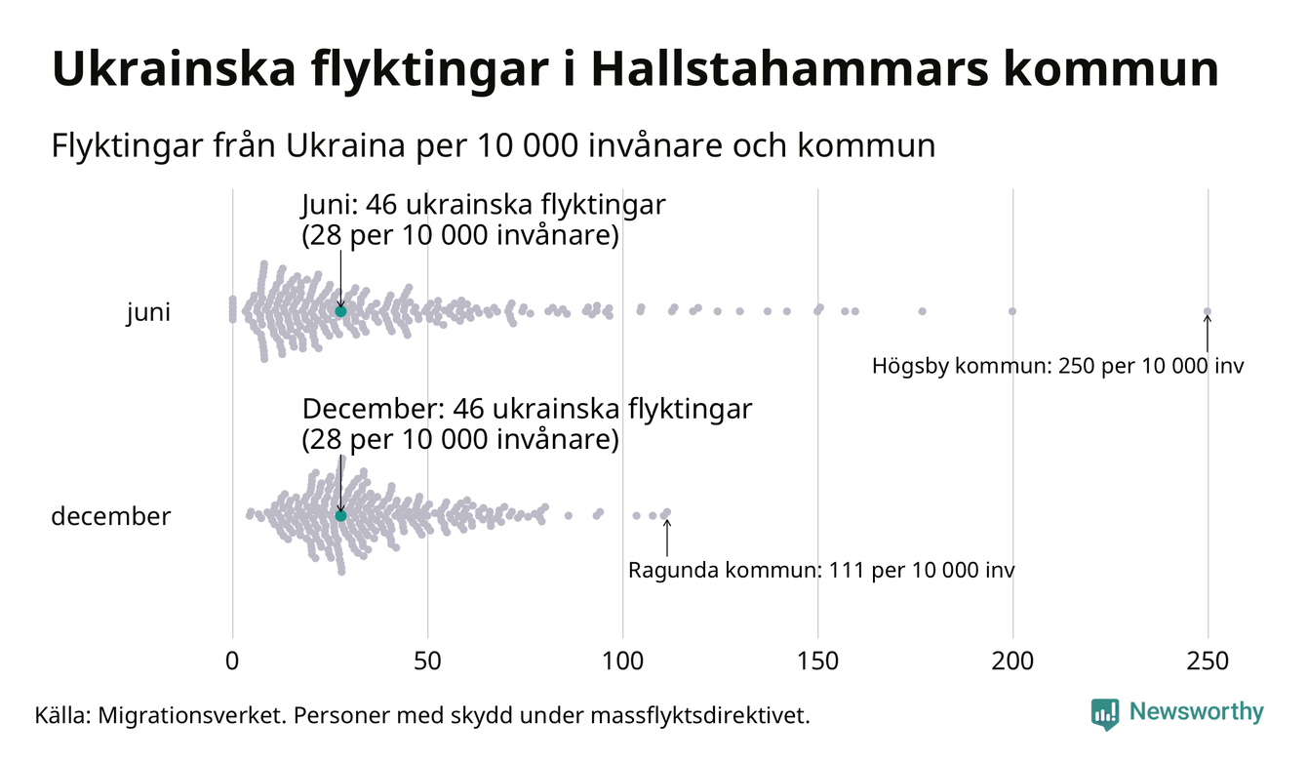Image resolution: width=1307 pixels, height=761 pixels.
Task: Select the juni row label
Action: tap(148, 313)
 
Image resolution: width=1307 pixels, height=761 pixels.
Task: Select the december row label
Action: tap(110, 516)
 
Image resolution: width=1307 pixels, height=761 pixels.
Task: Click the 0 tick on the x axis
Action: tap(232, 661)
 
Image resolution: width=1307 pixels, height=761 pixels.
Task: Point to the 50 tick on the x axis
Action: tap(427, 661)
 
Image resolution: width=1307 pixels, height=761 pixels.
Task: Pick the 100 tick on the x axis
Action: tap(622, 661)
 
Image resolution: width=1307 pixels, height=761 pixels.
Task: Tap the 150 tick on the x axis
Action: tap(817, 661)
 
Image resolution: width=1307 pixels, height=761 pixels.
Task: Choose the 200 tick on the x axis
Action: tap(1012, 661)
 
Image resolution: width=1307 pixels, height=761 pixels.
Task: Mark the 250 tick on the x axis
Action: tap(1208, 661)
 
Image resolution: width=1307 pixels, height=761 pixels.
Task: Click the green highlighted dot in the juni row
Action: tap(340, 311)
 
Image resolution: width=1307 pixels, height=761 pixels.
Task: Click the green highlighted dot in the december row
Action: tap(340, 515)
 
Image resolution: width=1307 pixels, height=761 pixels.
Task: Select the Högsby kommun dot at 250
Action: tap(1208, 312)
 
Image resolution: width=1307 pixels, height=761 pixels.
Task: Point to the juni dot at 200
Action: tap(1012, 311)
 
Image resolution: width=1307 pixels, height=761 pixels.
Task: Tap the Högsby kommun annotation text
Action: tap(1058, 368)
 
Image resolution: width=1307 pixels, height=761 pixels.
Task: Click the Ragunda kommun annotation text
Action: tap(820, 571)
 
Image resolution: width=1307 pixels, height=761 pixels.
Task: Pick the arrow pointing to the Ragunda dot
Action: tap(667, 537)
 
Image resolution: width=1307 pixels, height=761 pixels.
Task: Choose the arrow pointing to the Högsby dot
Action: tap(1208, 334)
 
